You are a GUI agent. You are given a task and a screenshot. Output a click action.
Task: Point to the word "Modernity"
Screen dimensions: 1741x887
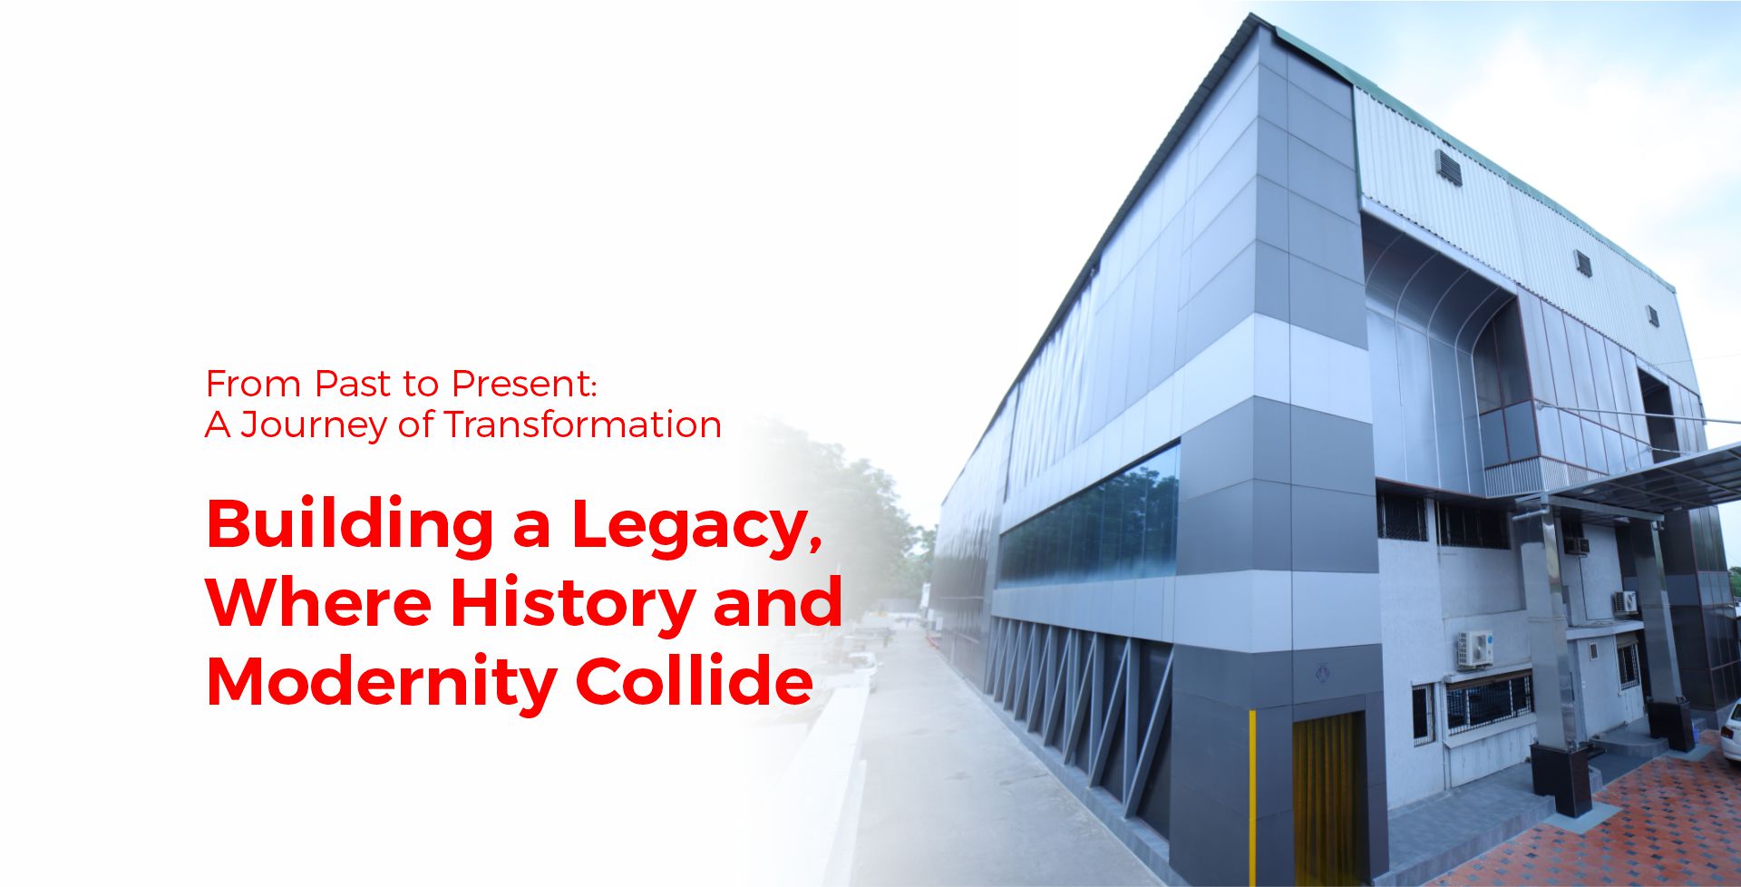point(381,682)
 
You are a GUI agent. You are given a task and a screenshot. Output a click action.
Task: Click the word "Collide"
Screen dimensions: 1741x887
point(694,680)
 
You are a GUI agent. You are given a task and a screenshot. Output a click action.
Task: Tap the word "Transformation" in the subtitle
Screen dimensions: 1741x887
point(583,424)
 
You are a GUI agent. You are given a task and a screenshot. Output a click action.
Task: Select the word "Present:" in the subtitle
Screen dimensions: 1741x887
point(524,384)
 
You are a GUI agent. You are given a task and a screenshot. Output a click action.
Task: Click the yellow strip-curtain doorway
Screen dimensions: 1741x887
point(1328,798)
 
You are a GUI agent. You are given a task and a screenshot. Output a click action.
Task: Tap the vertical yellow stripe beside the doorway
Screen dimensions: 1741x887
point(1253,798)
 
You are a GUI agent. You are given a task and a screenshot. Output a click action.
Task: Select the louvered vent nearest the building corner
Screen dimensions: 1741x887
point(1448,167)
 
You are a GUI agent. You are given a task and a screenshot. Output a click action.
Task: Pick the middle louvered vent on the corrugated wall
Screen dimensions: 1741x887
point(1583,263)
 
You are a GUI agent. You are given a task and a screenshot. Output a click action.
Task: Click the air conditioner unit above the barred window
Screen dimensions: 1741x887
point(1474,649)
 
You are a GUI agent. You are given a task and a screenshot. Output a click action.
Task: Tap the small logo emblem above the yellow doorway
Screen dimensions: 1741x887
point(1321,674)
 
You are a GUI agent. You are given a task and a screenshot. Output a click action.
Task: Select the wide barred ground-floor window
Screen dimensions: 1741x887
point(1489,704)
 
